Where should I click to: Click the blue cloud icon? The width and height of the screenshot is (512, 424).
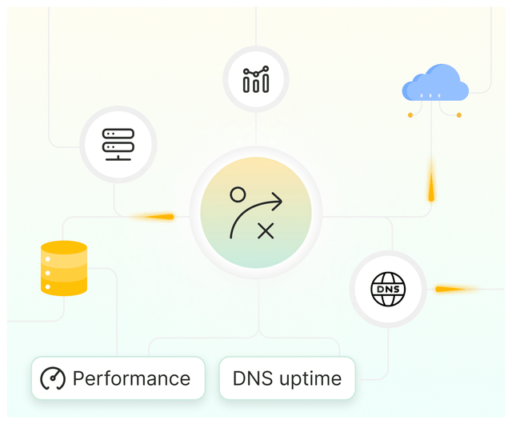[435, 83]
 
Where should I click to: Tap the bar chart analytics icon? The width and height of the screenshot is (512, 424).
[255, 79]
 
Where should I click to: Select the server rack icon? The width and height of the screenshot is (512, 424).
[118, 144]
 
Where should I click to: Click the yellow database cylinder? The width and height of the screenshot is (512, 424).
[64, 268]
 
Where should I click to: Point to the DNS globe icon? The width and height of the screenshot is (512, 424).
[388, 289]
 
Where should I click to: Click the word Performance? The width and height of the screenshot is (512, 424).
[131, 378]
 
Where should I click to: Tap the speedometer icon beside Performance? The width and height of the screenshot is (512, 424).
[53, 378]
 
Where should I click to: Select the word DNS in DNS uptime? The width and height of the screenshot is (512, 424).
[250, 378]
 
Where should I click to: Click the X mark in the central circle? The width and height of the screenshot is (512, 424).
[266, 231]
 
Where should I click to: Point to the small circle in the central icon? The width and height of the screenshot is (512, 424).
[238, 194]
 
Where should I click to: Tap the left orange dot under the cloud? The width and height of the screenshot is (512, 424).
[410, 115]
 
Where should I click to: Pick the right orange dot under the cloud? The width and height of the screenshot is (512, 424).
[459, 115]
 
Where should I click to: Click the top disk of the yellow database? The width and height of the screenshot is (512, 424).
[64, 247]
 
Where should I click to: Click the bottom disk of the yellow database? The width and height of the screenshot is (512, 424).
[64, 286]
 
